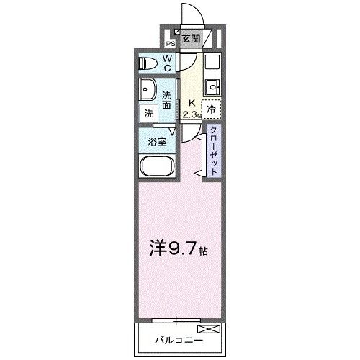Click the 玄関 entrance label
pyautogui.click(x=190, y=39)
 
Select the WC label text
pyautogui.click(x=166, y=63)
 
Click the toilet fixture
pyautogui.click(x=148, y=63)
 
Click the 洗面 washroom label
pyautogui.click(x=166, y=100)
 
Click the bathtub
pyautogui.click(x=156, y=170)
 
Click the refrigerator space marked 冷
pyautogui.click(x=211, y=110)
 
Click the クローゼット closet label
pyautogui.click(x=215, y=149)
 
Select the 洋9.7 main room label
pyautogui.click(x=179, y=252)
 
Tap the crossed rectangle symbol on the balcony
pyautogui.click(x=207, y=328)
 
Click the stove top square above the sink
pyautogui.click(x=211, y=62)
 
